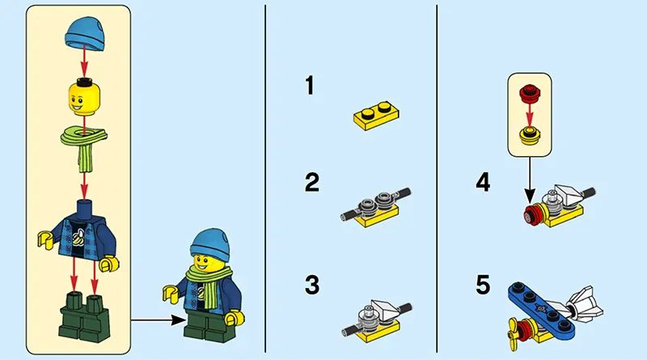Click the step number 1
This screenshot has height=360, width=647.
310,86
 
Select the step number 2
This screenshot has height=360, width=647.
311,182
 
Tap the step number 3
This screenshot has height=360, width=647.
312,285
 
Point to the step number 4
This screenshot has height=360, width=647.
483,182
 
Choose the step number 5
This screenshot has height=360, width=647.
483,285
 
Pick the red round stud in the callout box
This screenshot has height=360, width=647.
530,93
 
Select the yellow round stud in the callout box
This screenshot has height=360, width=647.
530,135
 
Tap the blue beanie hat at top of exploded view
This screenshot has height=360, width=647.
85,34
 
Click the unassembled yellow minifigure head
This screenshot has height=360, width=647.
85,98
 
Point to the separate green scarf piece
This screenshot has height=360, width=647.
84,146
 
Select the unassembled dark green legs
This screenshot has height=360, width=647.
85,316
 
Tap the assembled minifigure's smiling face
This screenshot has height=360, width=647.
206,261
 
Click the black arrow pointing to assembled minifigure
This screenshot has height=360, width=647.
159,320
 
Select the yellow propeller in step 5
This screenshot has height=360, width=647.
513,332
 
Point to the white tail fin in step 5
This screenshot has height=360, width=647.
584,307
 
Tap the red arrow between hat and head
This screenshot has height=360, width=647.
84,61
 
